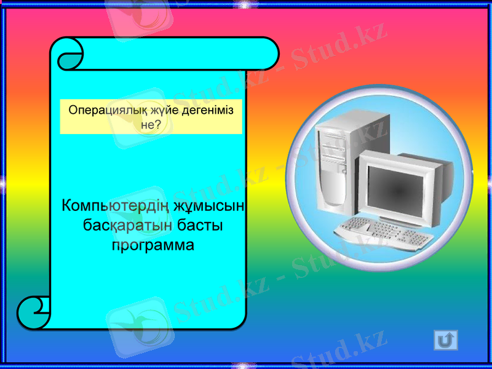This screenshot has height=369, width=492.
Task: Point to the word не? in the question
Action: (x=151, y=124)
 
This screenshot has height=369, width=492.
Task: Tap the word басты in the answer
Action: (x=200, y=225)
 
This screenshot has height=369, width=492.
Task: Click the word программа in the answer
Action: (x=153, y=245)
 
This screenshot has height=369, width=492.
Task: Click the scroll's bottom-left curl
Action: (x=34, y=312)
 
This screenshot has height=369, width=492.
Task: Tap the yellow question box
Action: (x=151, y=116)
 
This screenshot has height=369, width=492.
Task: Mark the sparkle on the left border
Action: (x=3, y=182)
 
